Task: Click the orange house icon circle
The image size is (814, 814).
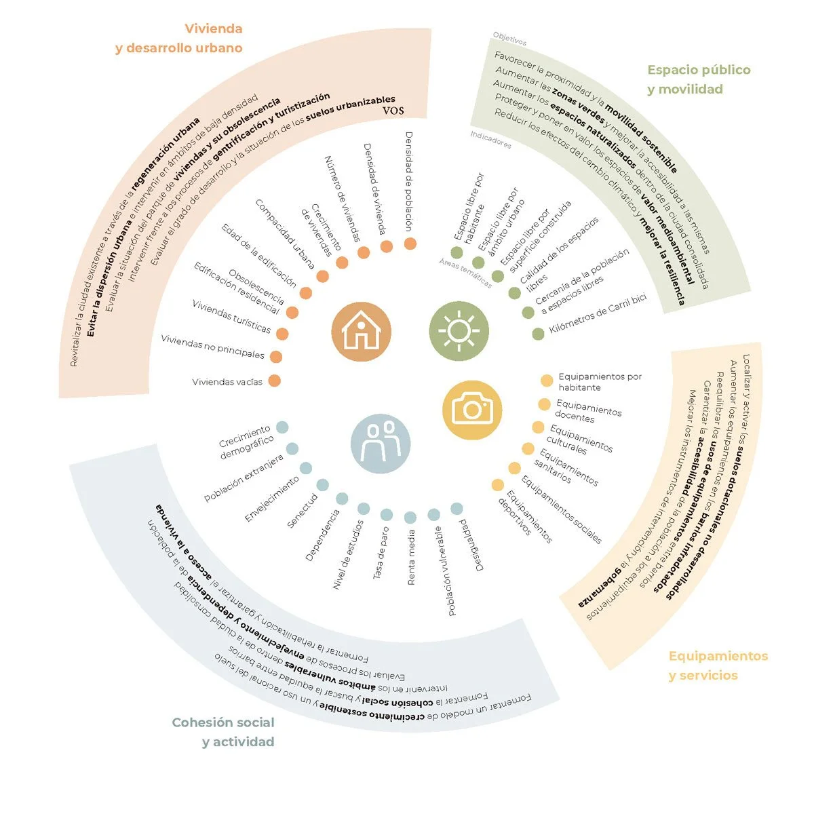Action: coord(361,331)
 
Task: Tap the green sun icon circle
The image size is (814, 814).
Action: coord(459,331)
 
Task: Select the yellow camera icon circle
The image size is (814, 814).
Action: coord(472,408)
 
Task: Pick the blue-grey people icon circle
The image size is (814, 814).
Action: coord(380,444)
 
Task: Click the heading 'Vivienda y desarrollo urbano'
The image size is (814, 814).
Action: coord(179,39)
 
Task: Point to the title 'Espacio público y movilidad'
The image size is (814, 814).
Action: coord(698,79)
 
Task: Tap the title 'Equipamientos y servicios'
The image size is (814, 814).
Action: coord(718,665)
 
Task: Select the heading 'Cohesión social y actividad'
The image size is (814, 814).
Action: coord(224,732)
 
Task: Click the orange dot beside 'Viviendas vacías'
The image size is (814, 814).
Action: coord(274,381)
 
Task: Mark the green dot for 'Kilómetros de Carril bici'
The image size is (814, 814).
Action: coord(538,334)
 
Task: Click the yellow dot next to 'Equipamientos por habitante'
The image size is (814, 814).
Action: coord(547,381)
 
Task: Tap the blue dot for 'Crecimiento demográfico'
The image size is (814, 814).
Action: coord(282,427)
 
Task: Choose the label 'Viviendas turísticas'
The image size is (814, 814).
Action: coord(231,317)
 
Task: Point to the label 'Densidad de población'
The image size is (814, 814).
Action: coord(409,181)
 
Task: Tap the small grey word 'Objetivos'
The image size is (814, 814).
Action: coord(509,38)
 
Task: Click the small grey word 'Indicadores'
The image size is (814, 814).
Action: coord(491,140)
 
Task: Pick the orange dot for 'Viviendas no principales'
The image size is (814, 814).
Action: coord(276,357)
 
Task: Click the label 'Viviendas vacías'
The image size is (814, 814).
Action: coord(227,382)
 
